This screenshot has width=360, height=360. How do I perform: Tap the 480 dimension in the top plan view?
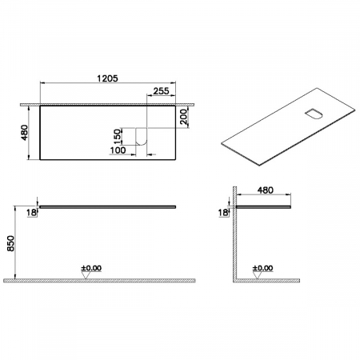click(25, 133)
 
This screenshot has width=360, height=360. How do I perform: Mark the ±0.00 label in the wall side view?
click(262, 268)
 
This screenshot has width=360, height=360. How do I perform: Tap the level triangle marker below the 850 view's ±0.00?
click(85, 276)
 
